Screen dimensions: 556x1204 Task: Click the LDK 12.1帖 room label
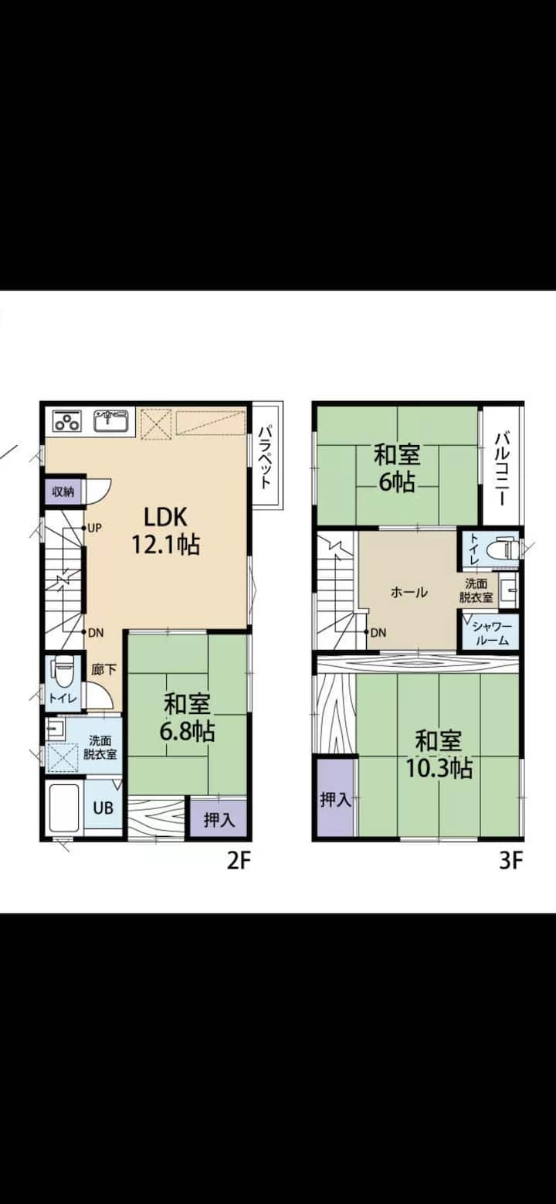166,530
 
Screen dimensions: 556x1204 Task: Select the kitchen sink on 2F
111,420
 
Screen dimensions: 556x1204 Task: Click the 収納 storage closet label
63,491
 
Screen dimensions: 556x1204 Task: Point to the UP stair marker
94,528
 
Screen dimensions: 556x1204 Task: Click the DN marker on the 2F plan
95,633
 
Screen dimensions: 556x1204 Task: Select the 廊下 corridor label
103,670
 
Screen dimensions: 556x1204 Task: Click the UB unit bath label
103,808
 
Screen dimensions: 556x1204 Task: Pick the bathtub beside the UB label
64,808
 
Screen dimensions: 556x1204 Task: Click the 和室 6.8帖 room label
187,716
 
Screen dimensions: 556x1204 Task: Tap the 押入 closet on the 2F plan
219,819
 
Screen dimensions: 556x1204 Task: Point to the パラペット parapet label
265,457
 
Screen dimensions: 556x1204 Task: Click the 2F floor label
239,861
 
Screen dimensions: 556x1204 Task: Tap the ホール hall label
409,592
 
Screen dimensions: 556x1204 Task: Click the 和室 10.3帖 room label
439,755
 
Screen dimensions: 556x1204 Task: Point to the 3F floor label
511,861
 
